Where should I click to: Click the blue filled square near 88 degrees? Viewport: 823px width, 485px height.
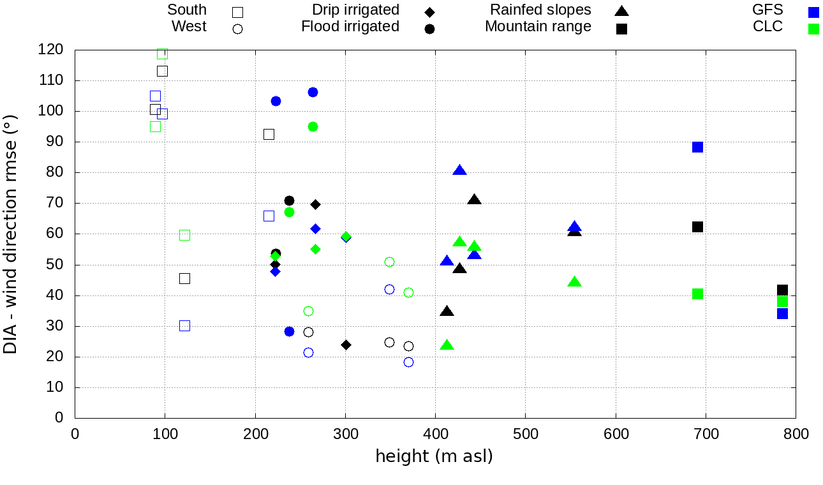(697, 147)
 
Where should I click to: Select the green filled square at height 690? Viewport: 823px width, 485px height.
(697, 294)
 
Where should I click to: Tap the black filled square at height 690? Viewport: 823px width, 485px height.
(697, 227)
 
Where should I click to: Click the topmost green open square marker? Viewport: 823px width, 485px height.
(162, 54)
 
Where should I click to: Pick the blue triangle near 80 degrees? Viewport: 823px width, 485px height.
(459, 170)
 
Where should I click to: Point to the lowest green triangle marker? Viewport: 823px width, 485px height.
(447, 345)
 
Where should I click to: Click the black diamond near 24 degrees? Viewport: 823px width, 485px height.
(346, 345)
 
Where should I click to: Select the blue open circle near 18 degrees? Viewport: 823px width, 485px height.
(408, 362)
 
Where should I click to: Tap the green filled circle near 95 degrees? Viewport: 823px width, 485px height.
(313, 127)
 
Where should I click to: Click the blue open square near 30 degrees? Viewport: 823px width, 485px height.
(184, 326)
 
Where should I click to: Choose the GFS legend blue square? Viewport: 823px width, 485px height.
(813, 12)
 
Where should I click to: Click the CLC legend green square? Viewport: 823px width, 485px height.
(813, 29)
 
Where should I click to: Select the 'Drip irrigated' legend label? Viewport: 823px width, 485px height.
(355, 10)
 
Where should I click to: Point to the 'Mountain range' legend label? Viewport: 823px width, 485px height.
(538, 27)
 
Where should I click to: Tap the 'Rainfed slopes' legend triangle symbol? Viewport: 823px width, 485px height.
(621, 11)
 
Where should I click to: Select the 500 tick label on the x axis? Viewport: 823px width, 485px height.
(526, 435)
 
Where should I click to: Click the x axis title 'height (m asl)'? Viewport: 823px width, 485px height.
(434, 457)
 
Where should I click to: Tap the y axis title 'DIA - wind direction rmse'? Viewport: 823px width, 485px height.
(10, 234)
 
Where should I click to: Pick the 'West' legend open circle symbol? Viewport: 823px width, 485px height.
(237, 29)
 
